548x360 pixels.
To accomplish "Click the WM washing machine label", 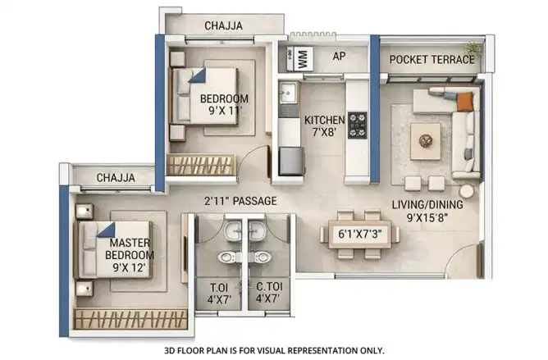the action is pyautogui.click(x=303, y=59).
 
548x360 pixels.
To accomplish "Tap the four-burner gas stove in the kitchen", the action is pyautogui.click(x=357, y=125).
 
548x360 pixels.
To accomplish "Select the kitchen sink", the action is pyautogui.click(x=288, y=93).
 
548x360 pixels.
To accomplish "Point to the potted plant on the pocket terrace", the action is pyautogui.click(x=473, y=48).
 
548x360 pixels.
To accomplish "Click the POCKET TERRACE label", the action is pyautogui.click(x=432, y=60).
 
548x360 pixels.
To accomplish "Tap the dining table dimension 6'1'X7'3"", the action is pyautogui.click(x=359, y=234).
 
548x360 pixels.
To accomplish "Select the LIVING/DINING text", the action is pyautogui.click(x=427, y=205).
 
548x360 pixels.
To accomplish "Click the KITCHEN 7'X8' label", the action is pyautogui.click(x=324, y=126).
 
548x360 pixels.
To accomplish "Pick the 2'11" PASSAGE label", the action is pyautogui.click(x=240, y=201).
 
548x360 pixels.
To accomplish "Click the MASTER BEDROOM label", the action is pyautogui.click(x=130, y=248).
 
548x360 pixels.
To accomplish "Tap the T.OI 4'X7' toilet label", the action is pyautogui.click(x=219, y=293).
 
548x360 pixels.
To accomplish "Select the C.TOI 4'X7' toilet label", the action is pyautogui.click(x=269, y=293).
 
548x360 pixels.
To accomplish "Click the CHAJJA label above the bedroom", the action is pyautogui.click(x=223, y=25).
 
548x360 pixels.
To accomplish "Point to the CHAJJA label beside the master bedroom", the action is pyautogui.click(x=116, y=178).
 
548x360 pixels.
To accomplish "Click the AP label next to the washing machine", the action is pyautogui.click(x=339, y=56).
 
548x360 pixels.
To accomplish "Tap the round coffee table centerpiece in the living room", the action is pyautogui.click(x=425, y=141).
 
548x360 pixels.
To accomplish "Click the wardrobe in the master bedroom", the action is pyautogui.click(x=130, y=319).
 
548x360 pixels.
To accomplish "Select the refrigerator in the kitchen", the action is pyautogui.click(x=291, y=161).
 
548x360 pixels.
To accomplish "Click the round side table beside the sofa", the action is pyautogui.click(x=466, y=192).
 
